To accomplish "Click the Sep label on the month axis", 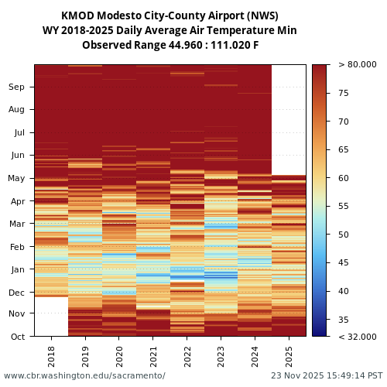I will [x=16, y=87].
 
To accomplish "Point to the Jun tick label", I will [x=16, y=155].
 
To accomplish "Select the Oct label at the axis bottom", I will [x=16, y=337].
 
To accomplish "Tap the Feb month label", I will [x=16, y=247].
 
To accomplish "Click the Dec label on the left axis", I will [x=16, y=293].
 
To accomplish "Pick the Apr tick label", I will [x=16, y=201].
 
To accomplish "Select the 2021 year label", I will [x=153, y=356].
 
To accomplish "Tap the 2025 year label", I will [x=289, y=356].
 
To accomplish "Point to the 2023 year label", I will [x=221, y=356].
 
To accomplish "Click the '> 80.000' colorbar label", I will [x=357, y=65].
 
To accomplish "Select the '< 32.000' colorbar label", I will [x=357, y=337].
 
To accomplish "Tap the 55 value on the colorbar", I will [x=344, y=207].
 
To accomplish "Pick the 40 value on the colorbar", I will [x=344, y=291].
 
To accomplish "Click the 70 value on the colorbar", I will [x=344, y=122].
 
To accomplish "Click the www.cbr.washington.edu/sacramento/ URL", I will [x=84, y=375].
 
